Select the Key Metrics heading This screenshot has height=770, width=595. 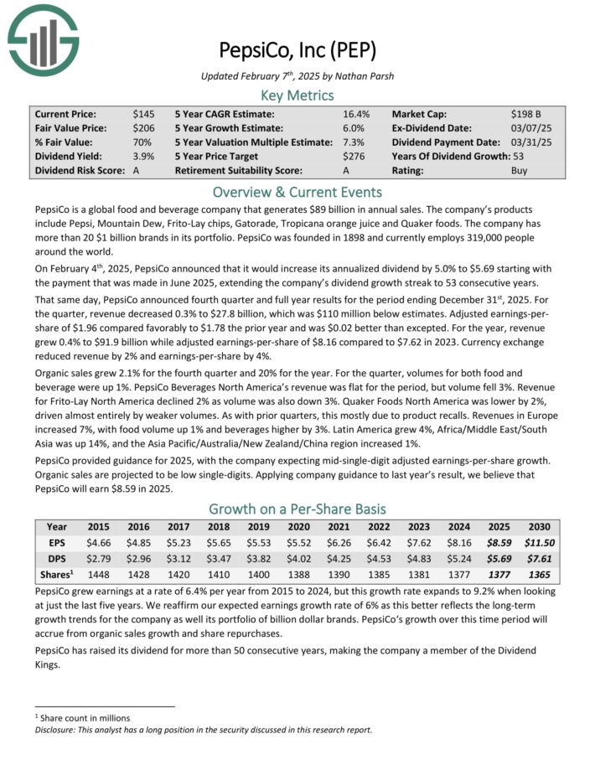pyautogui.click(x=297, y=95)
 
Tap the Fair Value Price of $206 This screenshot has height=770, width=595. pyautogui.click(x=144, y=127)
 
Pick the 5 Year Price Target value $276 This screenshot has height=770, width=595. pyautogui.click(x=355, y=156)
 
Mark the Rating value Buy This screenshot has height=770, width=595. pyautogui.click(x=520, y=170)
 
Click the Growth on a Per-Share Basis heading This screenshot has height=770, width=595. pyautogui.click(x=297, y=509)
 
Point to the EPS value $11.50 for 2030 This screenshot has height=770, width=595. pyautogui.click(x=540, y=543)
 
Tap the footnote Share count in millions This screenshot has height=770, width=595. pyautogui.click(x=84, y=717)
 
